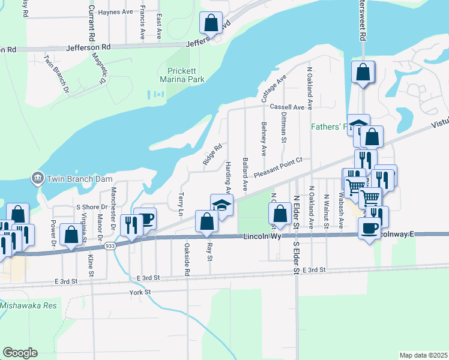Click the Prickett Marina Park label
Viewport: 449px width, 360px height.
[x=182, y=75]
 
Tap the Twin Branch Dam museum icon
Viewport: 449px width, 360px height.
[x=37, y=178]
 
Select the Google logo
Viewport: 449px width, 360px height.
[x=20, y=352]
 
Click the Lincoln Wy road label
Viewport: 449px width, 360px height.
[x=262, y=237]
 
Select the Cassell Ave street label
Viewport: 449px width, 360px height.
[x=284, y=106]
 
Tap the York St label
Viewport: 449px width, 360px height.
[x=139, y=292]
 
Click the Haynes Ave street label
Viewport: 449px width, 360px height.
[x=115, y=11]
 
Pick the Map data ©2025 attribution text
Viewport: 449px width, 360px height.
[x=424, y=355]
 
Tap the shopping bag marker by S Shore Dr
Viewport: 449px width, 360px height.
[x=71, y=236]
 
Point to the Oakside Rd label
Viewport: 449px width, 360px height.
[x=187, y=259]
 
